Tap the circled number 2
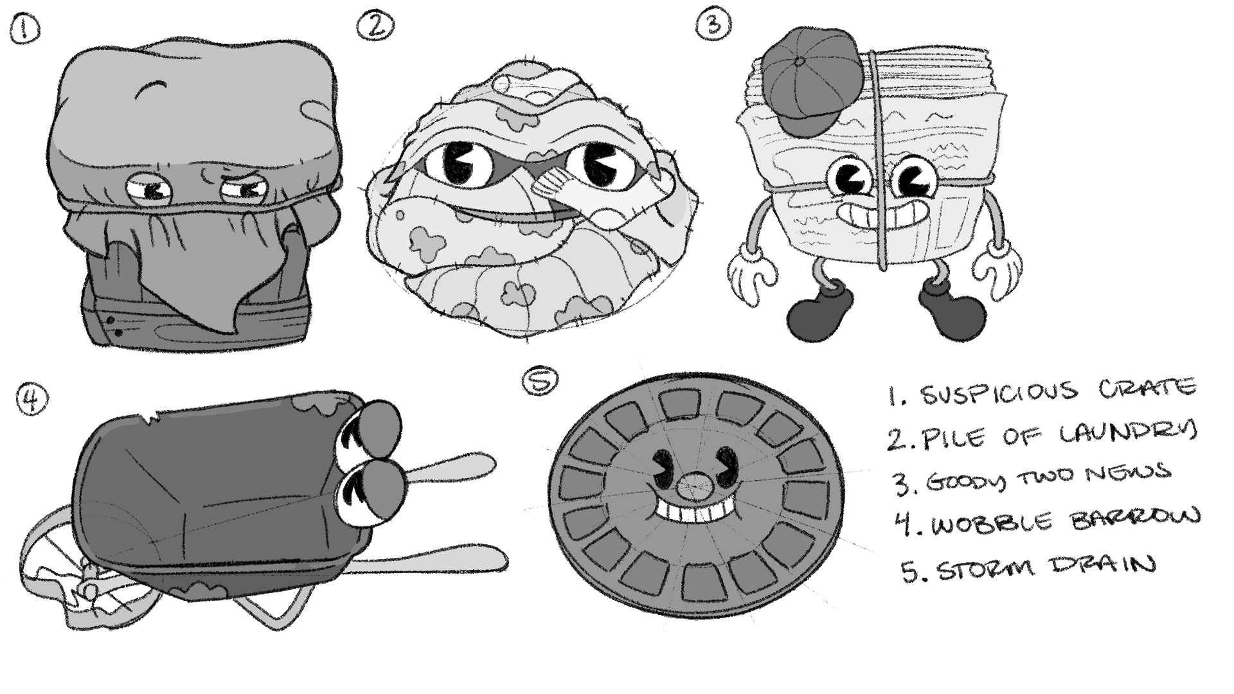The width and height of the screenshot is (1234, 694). point(375,26)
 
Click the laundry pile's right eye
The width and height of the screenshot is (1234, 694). point(598,166)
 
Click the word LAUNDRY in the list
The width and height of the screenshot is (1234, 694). point(1127,433)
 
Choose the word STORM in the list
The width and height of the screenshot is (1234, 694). point(987,568)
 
